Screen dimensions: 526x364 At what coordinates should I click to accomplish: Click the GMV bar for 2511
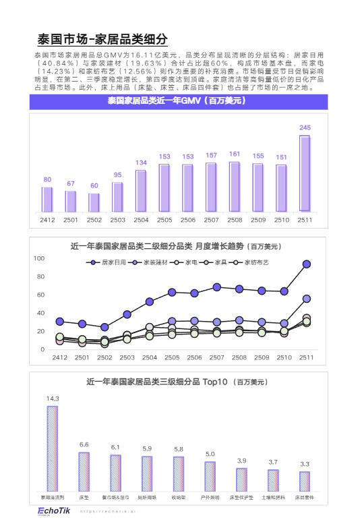[305, 173]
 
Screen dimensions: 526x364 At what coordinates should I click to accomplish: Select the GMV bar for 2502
[94, 202]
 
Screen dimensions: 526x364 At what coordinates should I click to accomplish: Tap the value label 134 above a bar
[141, 163]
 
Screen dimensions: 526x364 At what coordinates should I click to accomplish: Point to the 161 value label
[235, 154]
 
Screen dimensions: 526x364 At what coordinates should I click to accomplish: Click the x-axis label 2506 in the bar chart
[188, 220]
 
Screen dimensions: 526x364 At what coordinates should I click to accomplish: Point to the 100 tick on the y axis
[39, 258]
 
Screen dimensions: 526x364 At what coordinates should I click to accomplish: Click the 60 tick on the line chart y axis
[40, 295]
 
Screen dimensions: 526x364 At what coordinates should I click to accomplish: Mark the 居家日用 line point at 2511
[307, 264]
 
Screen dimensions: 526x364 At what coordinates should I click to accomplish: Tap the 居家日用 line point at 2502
[104, 327]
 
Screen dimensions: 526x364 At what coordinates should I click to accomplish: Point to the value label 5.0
[210, 454]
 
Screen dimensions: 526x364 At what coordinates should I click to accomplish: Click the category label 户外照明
[210, 497]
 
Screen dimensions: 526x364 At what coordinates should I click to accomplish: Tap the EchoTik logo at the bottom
[51, 510]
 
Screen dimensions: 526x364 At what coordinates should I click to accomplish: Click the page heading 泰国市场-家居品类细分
[102, 38]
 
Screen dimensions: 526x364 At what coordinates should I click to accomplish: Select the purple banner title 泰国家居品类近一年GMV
[176, 101]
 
